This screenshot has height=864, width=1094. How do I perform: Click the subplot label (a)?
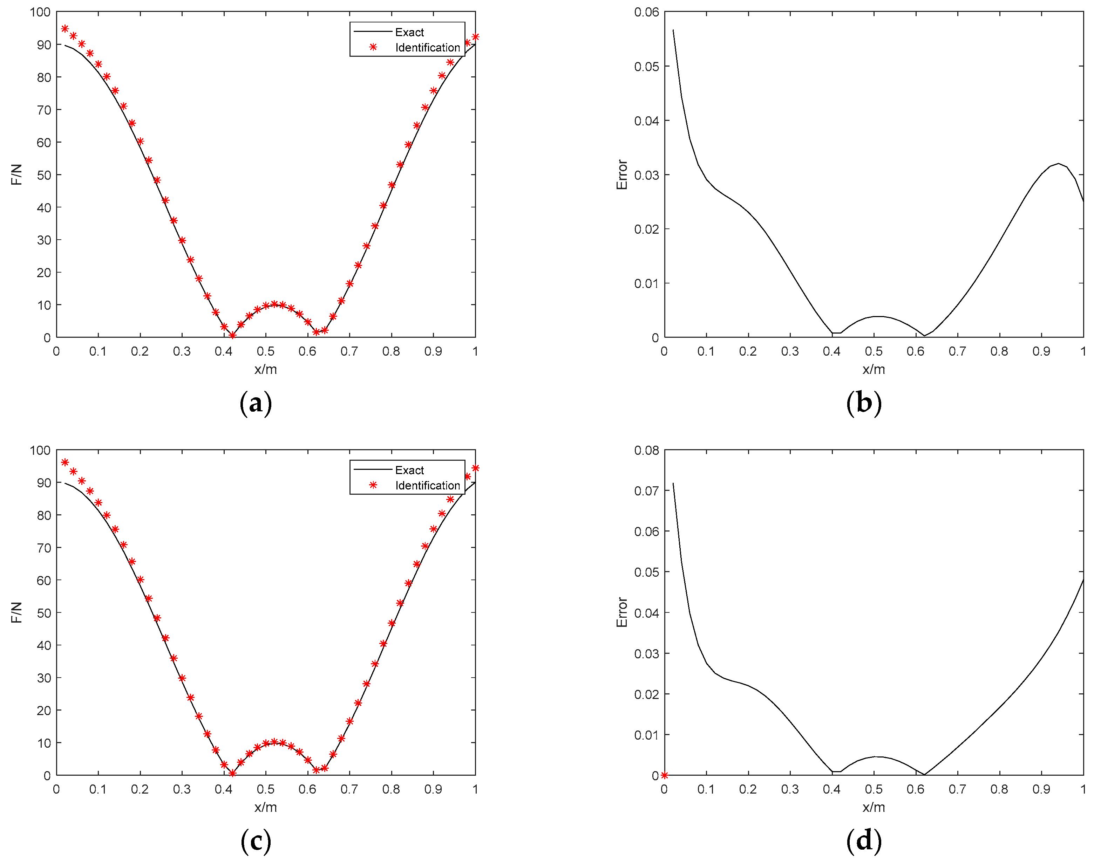point(256,403)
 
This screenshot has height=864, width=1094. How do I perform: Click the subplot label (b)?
point(864,403)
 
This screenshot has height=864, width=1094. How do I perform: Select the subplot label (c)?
point(256,841)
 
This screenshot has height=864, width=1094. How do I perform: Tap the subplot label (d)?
point(864,841)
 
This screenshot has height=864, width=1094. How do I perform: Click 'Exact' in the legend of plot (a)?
point(409,32)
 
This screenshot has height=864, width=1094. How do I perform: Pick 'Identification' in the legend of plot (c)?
point(428,486)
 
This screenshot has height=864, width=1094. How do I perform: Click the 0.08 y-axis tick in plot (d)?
point(647,450)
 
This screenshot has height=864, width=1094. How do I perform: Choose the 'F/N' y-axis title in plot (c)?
point(17,612)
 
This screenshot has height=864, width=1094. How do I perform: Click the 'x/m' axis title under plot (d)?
point(874,807)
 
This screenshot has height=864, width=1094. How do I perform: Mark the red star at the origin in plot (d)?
point(664,775)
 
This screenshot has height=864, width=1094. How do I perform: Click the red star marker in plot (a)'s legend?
point(373,47)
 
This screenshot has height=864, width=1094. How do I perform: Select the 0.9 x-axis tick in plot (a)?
point(433,351)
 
